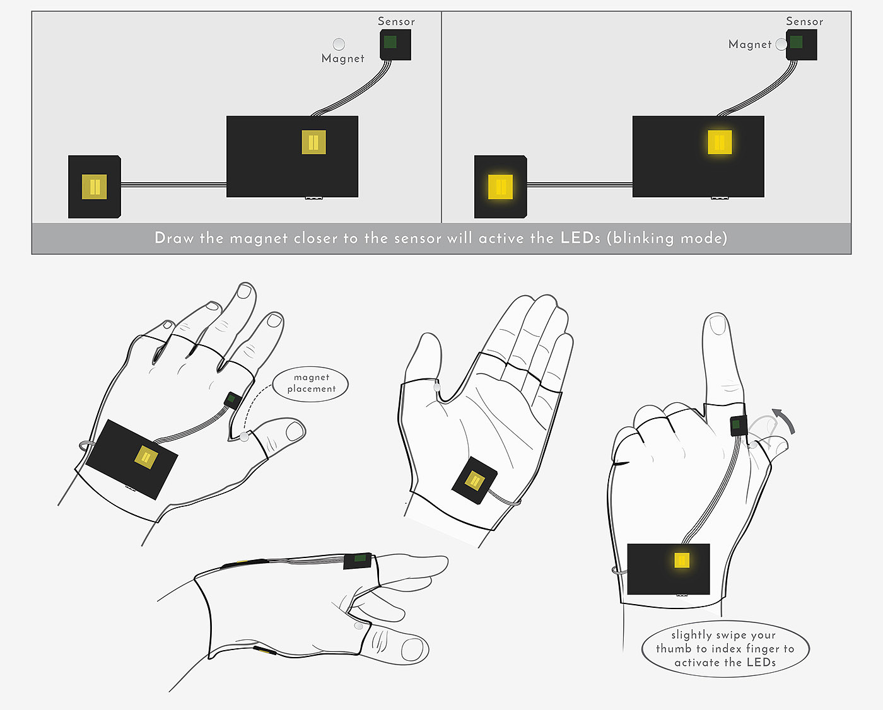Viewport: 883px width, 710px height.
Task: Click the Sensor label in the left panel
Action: click(396, 21)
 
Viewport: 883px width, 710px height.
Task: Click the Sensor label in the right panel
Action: click(804, 21)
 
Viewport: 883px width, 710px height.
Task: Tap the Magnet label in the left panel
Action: click(342, 59)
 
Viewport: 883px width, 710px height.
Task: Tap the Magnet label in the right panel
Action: click(749, 44)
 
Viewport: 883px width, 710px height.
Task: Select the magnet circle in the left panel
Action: click(339, 44)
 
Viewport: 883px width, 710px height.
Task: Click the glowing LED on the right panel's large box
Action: click(720, 143)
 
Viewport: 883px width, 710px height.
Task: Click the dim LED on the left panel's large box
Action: click(313, 143)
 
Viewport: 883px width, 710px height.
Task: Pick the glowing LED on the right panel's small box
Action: click(500, 187)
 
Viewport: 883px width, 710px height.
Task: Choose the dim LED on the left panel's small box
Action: click(95, 187)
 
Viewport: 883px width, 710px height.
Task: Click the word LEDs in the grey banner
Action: click(580, 238)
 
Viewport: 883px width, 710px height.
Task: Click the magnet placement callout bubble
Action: click(311, 383)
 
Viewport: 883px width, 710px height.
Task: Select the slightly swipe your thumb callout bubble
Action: click(725, 648)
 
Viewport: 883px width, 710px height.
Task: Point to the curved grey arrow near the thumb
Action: click(785, 420)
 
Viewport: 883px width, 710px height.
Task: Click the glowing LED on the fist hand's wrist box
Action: click(682, 560)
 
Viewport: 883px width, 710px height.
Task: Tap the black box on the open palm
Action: click(474, 480)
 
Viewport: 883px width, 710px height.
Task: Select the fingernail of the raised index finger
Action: click(717, 324)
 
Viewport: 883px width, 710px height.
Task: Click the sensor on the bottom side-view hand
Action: click(358, 560)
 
